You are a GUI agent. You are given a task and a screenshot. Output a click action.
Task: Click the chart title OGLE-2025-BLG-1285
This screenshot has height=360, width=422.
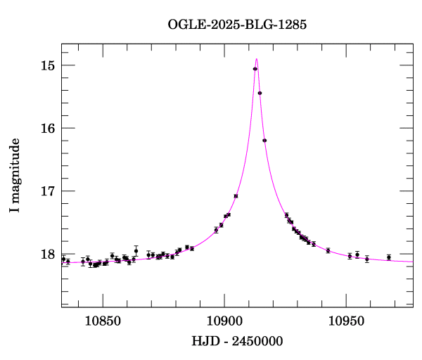[237, 25]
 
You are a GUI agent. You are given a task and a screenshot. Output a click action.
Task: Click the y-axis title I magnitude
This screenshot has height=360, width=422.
[15, 176]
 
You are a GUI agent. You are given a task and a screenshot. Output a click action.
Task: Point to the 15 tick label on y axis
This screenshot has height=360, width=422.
[48, 65]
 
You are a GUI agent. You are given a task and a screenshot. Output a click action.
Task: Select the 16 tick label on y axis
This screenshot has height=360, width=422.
[48, 128]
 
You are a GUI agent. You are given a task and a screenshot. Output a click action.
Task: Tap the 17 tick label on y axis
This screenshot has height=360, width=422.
[48, 191]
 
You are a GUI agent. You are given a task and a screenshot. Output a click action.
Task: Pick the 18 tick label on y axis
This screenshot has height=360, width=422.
[48, 254]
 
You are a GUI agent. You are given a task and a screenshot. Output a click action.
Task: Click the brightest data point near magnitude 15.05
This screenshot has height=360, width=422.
[255, 68]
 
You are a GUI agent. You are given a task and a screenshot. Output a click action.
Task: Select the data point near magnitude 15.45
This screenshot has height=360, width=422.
[260, 93]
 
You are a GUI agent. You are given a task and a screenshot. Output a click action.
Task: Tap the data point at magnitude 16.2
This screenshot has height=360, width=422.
[264, 141]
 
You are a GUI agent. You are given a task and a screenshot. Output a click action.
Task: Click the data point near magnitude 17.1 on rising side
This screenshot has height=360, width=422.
[236, 196]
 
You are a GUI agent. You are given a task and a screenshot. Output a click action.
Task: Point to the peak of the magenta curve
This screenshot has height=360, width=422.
[257, 59]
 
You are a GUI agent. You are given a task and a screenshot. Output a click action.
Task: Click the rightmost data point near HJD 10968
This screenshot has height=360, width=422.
[389, 257]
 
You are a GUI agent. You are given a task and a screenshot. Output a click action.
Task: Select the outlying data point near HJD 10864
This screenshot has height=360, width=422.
[136, 250]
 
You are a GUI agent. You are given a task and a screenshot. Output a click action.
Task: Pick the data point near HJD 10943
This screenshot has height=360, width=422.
[328, 250]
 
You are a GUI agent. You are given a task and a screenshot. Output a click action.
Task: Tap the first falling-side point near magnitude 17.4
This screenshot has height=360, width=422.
[287, 215]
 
